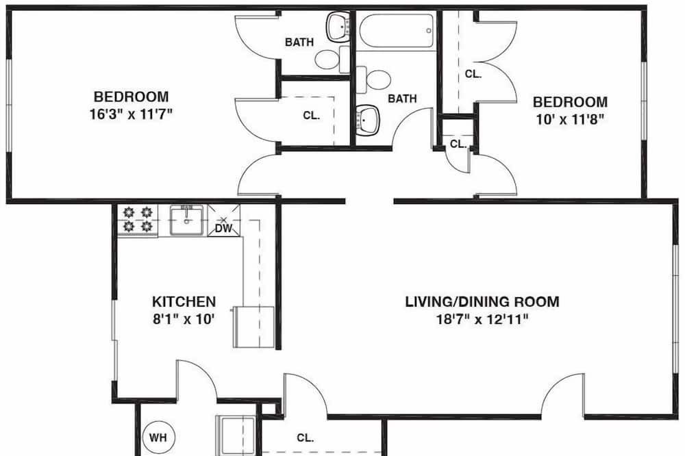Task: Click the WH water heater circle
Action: [x=159, y=437]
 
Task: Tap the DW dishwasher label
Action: [x=224, y=228]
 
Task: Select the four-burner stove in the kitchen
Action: [x=138, y=220]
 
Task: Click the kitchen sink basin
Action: [x=186, y=220]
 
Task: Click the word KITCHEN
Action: [x=184, y=302]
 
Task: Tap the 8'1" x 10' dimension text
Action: [x=184, y=319]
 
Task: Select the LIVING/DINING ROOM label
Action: [x=482, y=302]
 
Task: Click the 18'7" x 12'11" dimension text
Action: [x=482, y=319]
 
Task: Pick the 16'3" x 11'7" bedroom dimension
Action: [x=131, y=114]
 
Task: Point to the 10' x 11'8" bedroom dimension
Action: [x=570, y=119]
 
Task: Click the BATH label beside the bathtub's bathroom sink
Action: [x=402, y=99]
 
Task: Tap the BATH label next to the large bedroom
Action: [x=299, y=42]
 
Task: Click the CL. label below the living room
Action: [x=306, y=438]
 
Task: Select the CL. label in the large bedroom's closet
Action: [x=312, y=115]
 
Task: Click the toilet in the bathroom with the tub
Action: [x=373, y=80]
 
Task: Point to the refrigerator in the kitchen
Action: [x=254, y=327]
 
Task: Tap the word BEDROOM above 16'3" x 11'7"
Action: [x=131, y=97]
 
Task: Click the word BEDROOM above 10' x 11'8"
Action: [x=570, y=102]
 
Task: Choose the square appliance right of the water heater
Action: [x=236, y=435]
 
